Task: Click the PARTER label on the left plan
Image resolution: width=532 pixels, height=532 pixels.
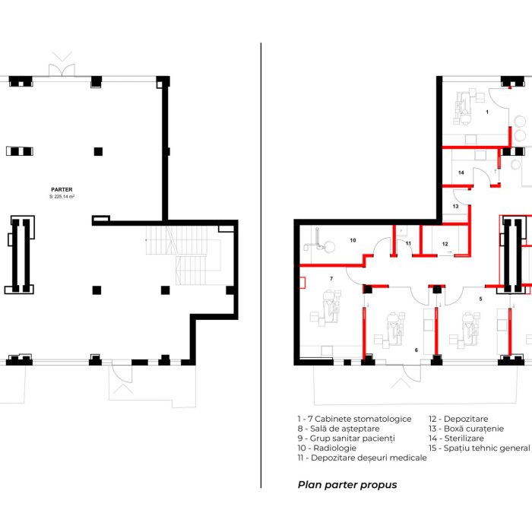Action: (x=62, y=190)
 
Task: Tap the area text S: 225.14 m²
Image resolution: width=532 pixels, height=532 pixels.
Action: (x=62, y=196)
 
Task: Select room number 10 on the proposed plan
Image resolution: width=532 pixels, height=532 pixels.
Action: (x=353, y=240)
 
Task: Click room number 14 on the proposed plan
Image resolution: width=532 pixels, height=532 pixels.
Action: (x=461, y=173)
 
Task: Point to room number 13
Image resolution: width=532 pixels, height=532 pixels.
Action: (x=456, y=206)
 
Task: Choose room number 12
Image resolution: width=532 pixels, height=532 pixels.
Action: (x=445, y=244)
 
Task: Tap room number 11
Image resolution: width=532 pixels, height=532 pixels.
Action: (x=409, y=243)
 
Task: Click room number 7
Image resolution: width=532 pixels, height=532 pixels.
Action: (x=331, y=279)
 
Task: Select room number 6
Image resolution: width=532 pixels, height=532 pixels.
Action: (x=416, y=350)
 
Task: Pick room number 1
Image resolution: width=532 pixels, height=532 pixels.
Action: (x=488, y=112)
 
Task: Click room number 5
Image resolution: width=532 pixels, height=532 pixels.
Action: (x=480, y=299)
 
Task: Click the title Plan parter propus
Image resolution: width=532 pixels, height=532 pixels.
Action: (x=347, y=485)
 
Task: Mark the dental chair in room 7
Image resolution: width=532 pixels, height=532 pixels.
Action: (x=328, y=307)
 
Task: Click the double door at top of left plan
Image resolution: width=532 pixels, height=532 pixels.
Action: (x=62, y=70)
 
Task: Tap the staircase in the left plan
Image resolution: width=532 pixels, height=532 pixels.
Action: (x=183, y=255)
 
